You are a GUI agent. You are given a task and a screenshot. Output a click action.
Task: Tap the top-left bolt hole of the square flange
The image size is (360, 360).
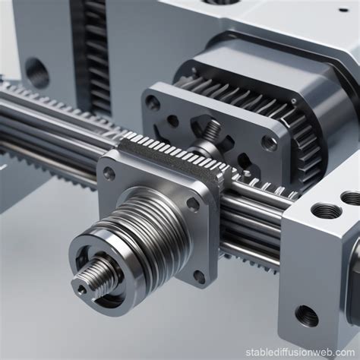pos(109,173)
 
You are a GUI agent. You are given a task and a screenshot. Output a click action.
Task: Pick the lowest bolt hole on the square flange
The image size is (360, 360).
pos(199,278)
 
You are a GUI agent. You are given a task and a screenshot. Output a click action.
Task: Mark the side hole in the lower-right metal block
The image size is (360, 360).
pos(306,315)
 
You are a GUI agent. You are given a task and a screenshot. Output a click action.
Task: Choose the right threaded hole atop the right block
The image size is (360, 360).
pos(352,199)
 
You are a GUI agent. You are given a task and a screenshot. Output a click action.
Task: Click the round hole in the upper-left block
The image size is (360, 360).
pos(36,74)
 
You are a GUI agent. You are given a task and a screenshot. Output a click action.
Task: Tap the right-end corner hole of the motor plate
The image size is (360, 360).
pos(269,142)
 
